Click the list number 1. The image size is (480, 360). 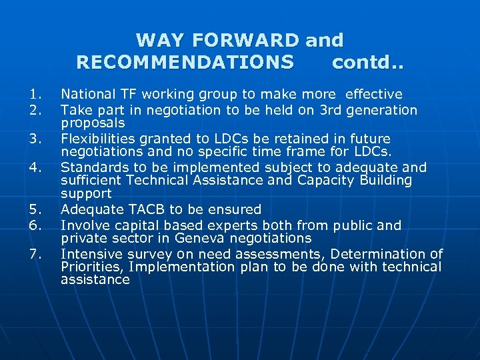(x=36, y=95)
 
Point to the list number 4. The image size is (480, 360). (x=36, y=167)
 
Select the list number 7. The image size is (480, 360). (x=36, y=254)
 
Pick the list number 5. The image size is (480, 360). (x=36, y=210)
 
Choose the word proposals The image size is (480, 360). (x=93, y=123)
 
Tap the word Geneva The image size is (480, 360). (x=210, y=238)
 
